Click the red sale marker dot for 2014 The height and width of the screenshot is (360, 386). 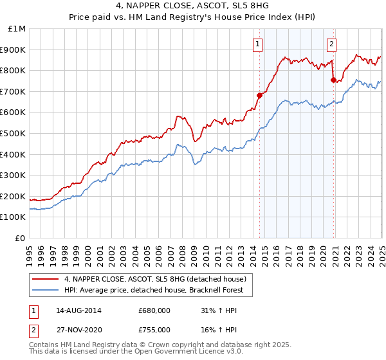click(259, 95)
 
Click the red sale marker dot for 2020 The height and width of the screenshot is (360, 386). click(333, 80)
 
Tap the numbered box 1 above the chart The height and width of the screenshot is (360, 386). click(257, 44)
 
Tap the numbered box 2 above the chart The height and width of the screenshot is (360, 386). click(331, 44)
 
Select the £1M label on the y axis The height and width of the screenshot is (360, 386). click(17, 28)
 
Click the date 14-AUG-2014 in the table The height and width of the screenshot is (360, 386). click(78, 310)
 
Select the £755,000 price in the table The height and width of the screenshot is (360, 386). click(154, 330)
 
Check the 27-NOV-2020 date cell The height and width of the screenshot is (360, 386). click(78, 330)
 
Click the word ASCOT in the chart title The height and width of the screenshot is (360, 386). click(173, 6)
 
